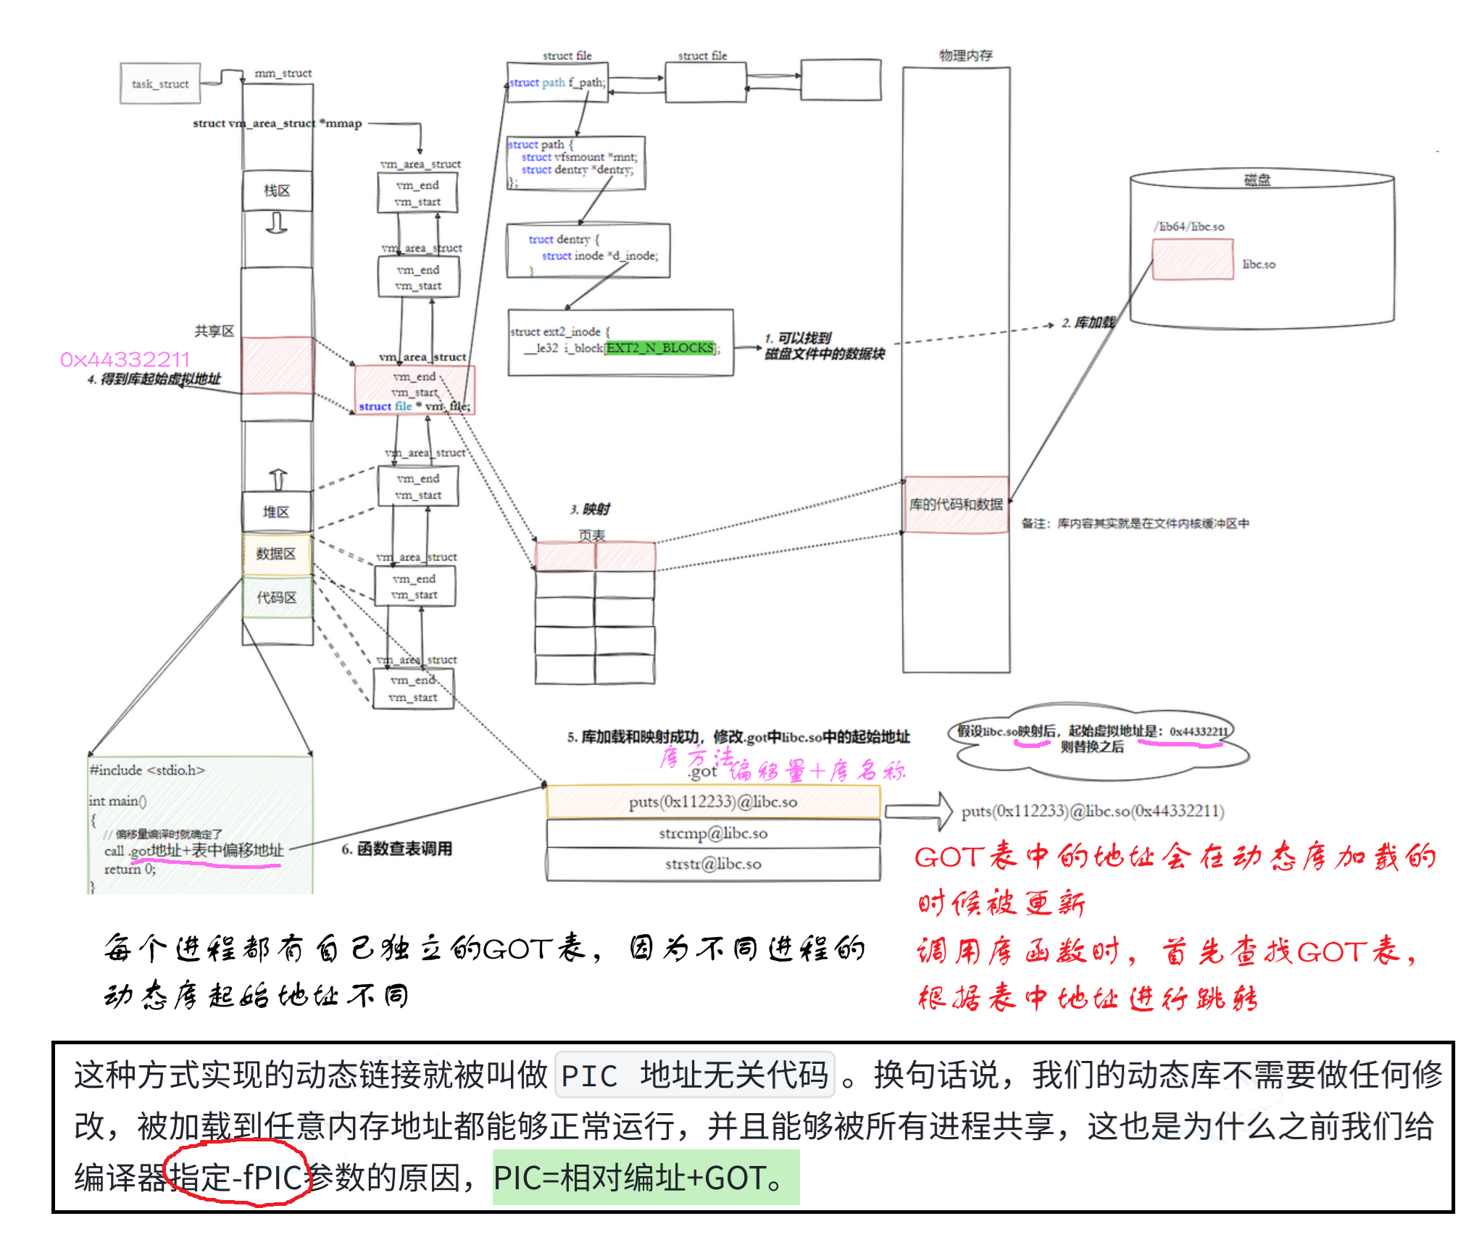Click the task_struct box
160,84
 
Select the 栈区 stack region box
277,191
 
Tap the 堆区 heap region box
276,512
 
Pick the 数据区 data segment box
276,554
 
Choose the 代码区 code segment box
277,598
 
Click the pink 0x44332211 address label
125,359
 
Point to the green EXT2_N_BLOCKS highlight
660,349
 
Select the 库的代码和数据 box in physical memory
956,504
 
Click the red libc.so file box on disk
1192,259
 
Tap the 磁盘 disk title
1257,180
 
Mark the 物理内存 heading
966,56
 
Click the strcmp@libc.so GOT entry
713,833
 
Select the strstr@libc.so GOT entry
713,864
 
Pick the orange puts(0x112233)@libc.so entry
713,802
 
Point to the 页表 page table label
592,536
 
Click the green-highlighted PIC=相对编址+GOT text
645,1178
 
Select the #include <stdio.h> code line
147,770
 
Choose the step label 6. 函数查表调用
397,849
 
